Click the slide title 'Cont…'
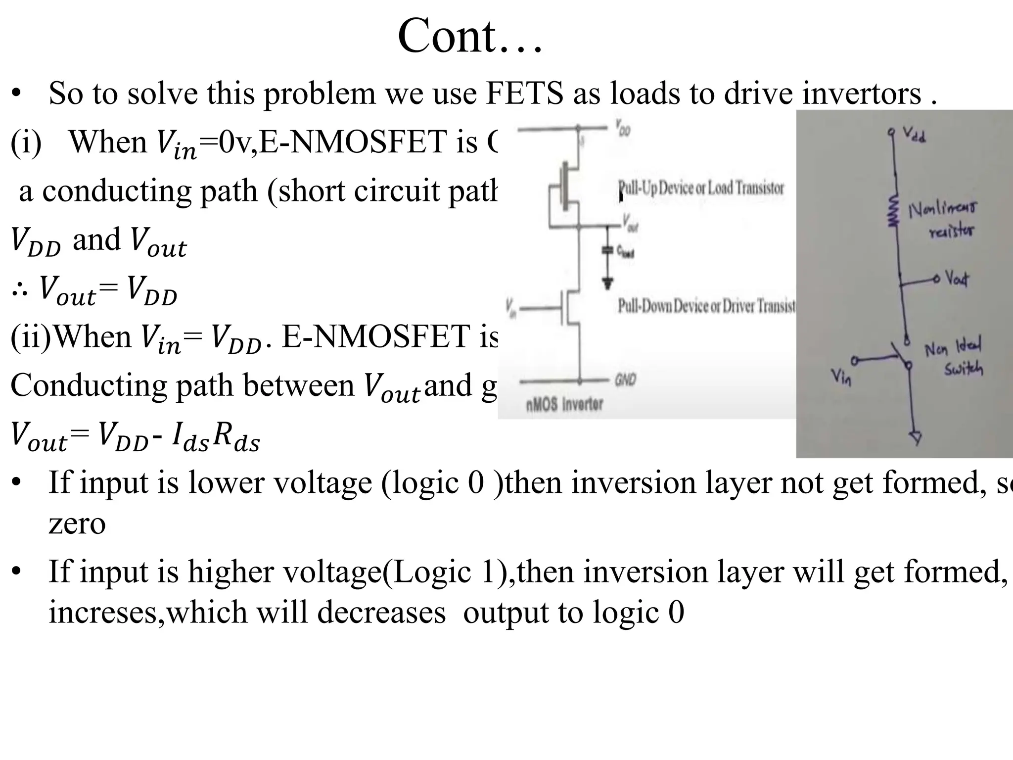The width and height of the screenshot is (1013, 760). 470,36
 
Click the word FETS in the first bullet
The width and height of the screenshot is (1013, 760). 525,93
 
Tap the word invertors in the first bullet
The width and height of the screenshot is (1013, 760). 861,93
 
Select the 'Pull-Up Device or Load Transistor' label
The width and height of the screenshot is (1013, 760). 701,188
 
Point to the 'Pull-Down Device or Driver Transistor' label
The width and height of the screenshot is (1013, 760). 706,306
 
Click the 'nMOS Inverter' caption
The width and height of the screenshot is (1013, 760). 564,404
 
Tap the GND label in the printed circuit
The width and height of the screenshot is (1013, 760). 625,380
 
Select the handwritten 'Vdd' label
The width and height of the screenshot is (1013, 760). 914,134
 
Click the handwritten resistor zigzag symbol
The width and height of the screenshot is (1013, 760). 893,211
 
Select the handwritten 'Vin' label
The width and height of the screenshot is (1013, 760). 841,378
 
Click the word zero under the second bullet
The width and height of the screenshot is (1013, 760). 77,523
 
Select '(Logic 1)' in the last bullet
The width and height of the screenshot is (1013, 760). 448,572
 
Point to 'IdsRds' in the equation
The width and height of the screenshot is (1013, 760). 216,437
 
